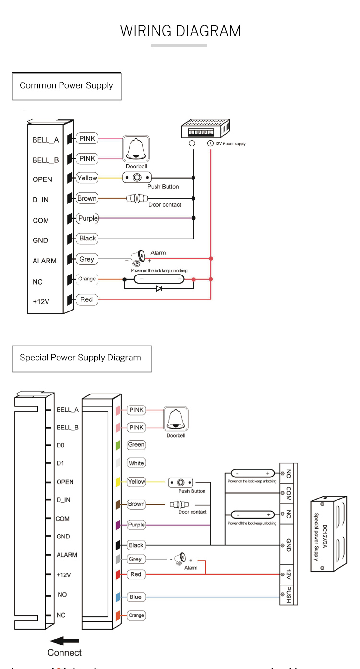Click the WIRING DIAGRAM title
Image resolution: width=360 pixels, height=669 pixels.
pos(180,31)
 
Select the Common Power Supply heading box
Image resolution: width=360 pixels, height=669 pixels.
pos(67,86)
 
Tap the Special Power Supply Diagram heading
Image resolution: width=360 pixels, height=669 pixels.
pos(81,358)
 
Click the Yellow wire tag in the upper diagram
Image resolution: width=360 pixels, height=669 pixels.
pos(87,178)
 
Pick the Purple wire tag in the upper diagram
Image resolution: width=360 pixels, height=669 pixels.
pos(88,218)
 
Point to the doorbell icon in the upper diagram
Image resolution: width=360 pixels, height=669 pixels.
pos(136,149)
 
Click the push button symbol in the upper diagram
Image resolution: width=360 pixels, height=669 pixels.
pos(137,178)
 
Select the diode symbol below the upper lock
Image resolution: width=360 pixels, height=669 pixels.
pos(159,289)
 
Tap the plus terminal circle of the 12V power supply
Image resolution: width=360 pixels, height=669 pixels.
pos(210,143)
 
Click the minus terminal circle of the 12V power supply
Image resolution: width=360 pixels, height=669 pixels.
pos(192,143)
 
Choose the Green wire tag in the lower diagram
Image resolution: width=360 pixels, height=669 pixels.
pos(136,445)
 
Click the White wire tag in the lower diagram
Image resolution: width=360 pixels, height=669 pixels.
pos(136,463)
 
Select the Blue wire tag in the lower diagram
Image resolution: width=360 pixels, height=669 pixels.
pos(135,597)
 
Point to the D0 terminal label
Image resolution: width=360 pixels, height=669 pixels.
pos(60,445)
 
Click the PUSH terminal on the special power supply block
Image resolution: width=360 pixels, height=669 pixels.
pos(288,595)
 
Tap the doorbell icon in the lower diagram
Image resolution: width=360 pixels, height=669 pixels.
pos(176,419)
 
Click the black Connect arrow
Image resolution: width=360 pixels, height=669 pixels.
pos(65,641)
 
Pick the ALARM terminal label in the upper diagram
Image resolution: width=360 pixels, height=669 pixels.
pos(45,261)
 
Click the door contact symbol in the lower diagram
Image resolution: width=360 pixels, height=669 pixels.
pos(179,504)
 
